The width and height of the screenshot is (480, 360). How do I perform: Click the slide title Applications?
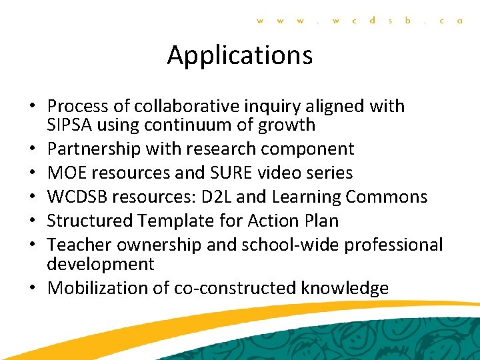240,55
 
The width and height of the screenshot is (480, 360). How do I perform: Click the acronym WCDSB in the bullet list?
77,197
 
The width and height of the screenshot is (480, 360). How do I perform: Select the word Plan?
322,221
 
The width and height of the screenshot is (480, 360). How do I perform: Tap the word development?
100,264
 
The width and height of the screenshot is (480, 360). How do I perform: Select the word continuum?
190,125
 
